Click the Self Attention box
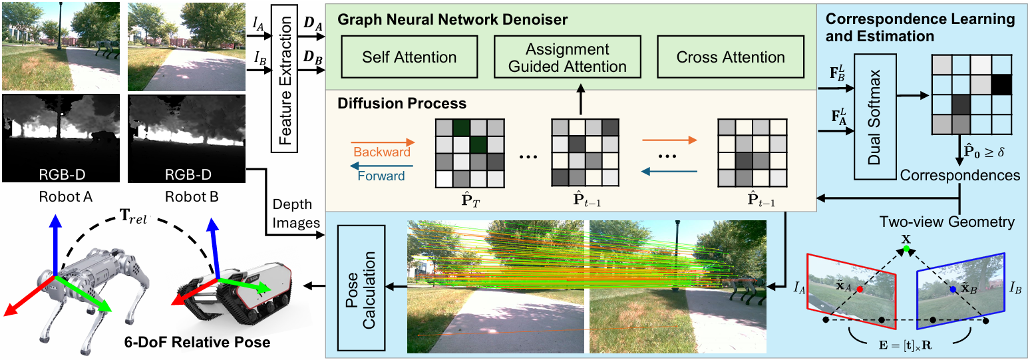coord(409,57)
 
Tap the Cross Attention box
coord(731,57)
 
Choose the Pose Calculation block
coord(361,287)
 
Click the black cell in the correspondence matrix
coord(1001,84)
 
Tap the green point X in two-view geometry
coord(905,250)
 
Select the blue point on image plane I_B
coord(953,289)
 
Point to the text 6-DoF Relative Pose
coord(197,343)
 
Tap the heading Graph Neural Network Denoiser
coord(452,20)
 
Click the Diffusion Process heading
coord(402,104)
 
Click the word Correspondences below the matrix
coord(960,175)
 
